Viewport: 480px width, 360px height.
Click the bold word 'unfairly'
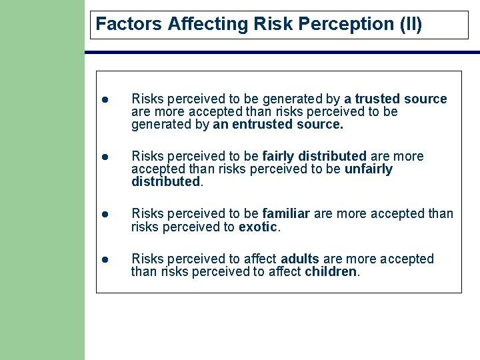(368, 169)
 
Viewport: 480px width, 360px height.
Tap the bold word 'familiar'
(286, 214)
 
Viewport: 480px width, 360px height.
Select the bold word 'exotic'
(257, 227)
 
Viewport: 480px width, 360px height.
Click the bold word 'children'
(331, 271)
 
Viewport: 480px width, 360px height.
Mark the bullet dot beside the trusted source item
(105, 99)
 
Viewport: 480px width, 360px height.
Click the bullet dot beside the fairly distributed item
(105, 157)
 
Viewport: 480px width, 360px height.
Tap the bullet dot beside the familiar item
(105, 214)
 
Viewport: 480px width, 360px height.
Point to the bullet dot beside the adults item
(105, 259)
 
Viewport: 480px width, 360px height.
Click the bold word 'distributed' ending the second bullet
(165, 181)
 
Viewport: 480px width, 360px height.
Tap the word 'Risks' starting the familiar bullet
(147, 214)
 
